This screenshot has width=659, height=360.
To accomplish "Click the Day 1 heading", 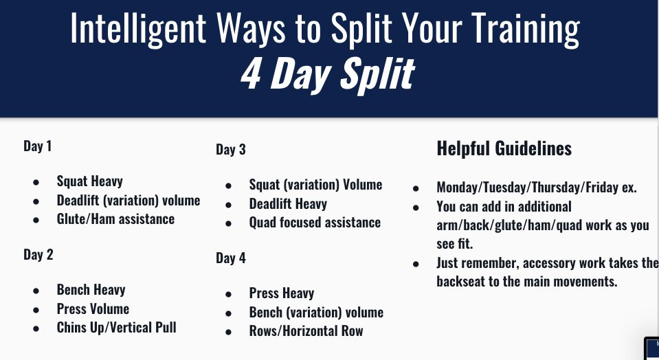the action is [x=37, y=146].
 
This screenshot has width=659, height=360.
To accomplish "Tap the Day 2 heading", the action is [x=38, y=255].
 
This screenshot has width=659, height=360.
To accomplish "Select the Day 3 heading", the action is [x=231, y=150].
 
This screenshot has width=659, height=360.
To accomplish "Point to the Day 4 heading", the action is [x=231, y=258].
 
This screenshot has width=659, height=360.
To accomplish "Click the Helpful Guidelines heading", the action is [x=504, y=148].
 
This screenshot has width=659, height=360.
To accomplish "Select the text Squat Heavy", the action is [x=89, y=181].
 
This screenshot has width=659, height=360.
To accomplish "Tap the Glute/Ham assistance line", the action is [x=115, y=219].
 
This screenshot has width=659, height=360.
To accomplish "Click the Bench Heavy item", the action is [x=91, y=290].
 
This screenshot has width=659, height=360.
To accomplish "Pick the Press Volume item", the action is [x=93, y=308].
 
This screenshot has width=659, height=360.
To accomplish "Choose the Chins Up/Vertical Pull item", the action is [x=116, y=328].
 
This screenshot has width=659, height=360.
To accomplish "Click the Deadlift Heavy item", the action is [x=288, y=204].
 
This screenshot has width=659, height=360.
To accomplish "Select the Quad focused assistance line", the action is [x=315, y=222].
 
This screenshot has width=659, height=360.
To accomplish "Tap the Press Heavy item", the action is [x=282, y=293].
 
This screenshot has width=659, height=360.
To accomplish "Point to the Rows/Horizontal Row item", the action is [x=306, y=331].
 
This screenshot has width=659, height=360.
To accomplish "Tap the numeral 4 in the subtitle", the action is [x=251, y=74].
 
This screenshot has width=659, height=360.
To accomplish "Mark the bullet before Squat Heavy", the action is [x=36, y=182].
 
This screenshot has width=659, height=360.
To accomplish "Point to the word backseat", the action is [x=460, y=282].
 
